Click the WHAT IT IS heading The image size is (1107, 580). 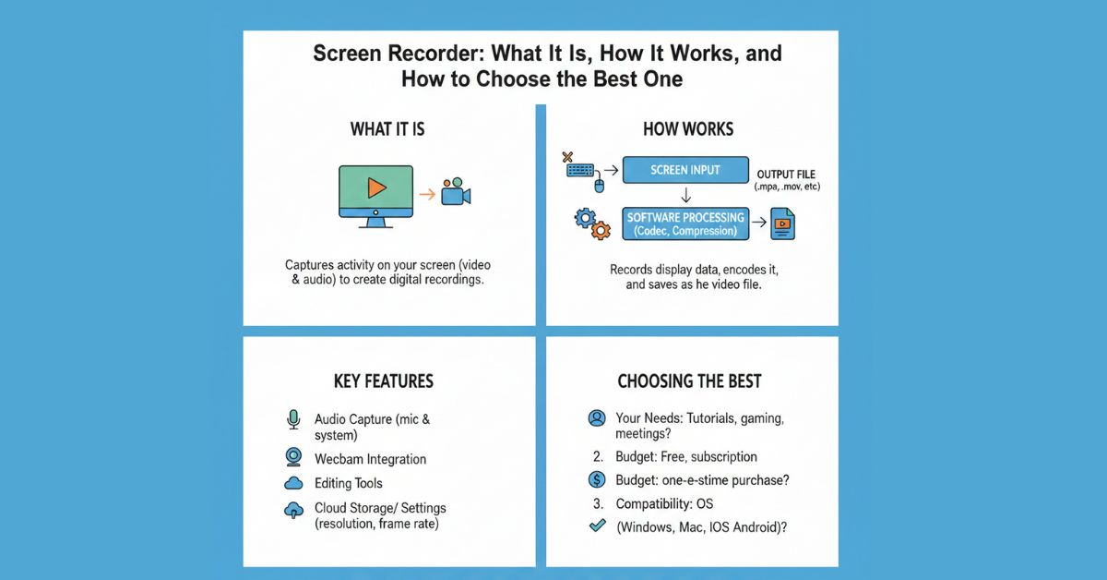(x=387, y=129)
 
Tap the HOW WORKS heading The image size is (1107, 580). (x=688, y=129)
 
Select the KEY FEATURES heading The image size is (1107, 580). (x=383, y=381)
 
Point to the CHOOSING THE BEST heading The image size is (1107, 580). (x=689, y=381)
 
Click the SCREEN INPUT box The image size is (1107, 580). (x=684, y=170)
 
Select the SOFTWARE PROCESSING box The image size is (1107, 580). (x=684, y=224)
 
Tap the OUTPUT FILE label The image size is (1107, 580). (x=786, y=175)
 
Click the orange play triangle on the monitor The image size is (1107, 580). (x=375, y=187)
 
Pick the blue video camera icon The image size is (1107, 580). (x=456, y=193)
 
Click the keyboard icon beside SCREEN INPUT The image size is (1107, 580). (x=580, y=170)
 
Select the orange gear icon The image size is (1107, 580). (x=600, y=231)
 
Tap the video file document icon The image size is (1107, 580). (x=784, y=224)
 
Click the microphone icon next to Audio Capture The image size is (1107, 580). (x=294, y=420)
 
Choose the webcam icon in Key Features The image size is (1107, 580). (x=294, y=457)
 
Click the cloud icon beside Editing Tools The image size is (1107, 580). (x=294, y=483)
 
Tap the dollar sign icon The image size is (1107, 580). (x=597, y=479)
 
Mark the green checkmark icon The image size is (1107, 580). (x=597, y=526)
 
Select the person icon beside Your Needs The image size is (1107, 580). (x=597, y=418)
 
